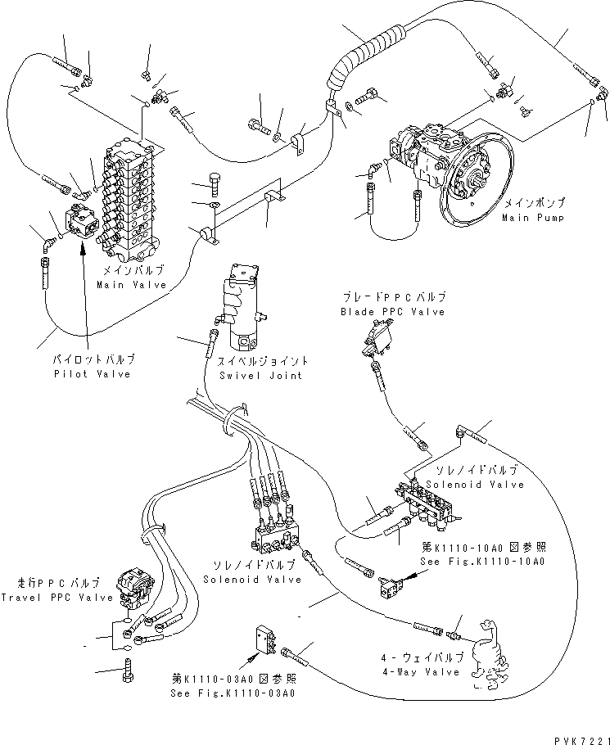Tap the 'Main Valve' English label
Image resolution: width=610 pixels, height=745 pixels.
pyautogui.click(x=131, y=285)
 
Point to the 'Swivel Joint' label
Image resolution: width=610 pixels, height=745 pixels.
pyautogui.click(x=260, y=375)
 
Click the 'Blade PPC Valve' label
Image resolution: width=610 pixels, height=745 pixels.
pyautogui.click(x=393, y=312)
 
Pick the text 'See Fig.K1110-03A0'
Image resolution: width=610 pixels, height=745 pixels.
pyautogui.click(x=233, y=692)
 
